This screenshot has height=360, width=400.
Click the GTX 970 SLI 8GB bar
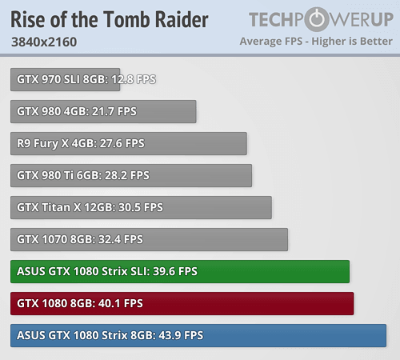coord(66,79)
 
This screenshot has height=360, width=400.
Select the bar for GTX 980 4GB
coord(103,111)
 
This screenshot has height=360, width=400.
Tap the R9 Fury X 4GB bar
coord(129,143)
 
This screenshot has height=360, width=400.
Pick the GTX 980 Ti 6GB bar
coord(131,175)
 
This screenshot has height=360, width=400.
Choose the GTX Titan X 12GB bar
coord(141,207)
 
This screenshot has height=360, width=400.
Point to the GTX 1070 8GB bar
coord(150,239)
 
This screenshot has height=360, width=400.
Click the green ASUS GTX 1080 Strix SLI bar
coord(180,271)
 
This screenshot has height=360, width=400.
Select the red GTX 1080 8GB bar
coord(182,303)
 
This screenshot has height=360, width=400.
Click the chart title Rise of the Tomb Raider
coord(110,19)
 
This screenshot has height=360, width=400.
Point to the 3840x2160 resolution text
coord(45,41)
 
